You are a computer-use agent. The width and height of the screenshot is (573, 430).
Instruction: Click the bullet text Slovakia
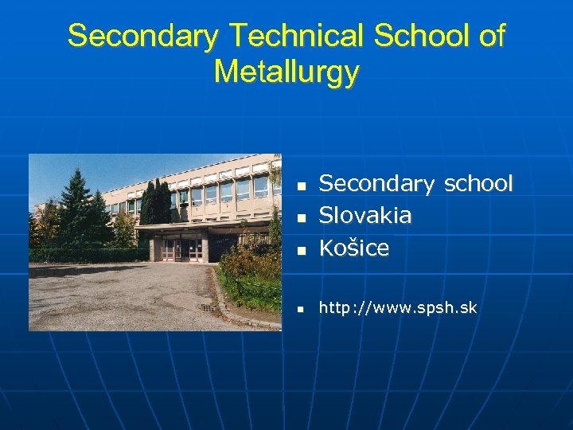[365, 216]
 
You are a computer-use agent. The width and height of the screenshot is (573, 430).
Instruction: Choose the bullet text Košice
[354, 248]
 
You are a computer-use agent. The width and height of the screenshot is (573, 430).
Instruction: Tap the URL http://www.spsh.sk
[398, 307]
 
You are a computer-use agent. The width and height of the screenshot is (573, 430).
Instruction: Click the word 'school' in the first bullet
[477, 184]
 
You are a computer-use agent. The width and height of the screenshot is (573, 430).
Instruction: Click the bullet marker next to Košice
[302, 250]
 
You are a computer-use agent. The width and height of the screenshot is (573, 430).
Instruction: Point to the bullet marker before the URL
[302, 309]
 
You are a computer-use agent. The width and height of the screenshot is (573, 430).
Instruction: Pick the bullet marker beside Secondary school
[302, 186]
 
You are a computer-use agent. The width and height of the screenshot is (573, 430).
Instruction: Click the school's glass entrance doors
[181, 248]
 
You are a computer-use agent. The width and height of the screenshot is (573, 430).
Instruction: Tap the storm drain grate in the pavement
[205, 307]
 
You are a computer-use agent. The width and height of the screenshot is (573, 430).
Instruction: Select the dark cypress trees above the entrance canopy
[155, 203]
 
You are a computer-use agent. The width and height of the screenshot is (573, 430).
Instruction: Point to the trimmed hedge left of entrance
[88, 255]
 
